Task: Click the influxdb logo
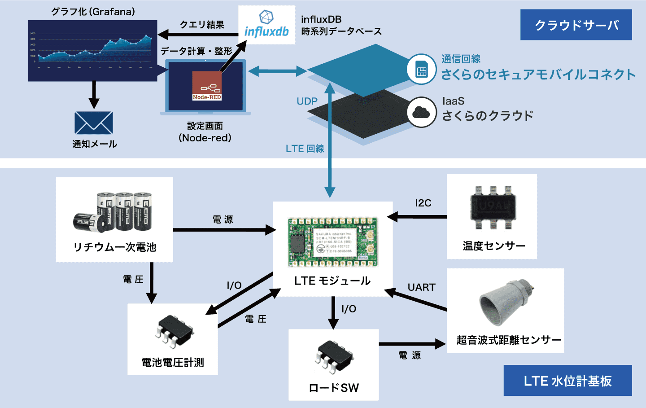point(266,25)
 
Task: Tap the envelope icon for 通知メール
point(94,123)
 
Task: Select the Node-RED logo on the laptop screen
point(207,85)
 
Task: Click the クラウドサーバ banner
point(576,25)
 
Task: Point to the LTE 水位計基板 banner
point(567,381)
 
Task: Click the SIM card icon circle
point(421,70)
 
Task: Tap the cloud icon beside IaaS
point(421,112)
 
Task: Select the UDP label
point(307,101)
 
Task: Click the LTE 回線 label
point(305,149)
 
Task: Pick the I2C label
point(423,203)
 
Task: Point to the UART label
point(421,287)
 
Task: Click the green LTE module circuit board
point(332,241)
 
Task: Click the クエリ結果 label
point(202,25)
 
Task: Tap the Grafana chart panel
point(93,50)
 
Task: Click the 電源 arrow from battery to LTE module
point(224,230)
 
